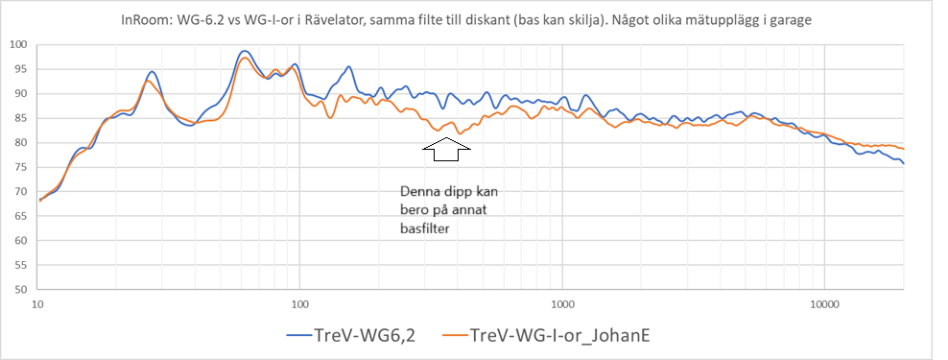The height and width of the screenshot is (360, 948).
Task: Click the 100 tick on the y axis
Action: (x=19, y=44)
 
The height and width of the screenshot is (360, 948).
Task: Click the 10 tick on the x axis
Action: (x=37, y=304)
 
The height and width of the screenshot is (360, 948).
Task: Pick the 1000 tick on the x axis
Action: (x=562, y=304)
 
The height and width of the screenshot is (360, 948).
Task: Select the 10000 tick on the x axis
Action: (x=824, y=304)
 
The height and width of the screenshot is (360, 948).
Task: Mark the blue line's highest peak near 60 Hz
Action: (x=245, y=51)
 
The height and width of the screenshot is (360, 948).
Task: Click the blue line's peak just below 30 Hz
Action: (x=152, y=71)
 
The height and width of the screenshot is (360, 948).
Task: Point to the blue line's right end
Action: (x=903, y=163)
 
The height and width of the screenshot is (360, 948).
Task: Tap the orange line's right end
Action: (x=903, y=149)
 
